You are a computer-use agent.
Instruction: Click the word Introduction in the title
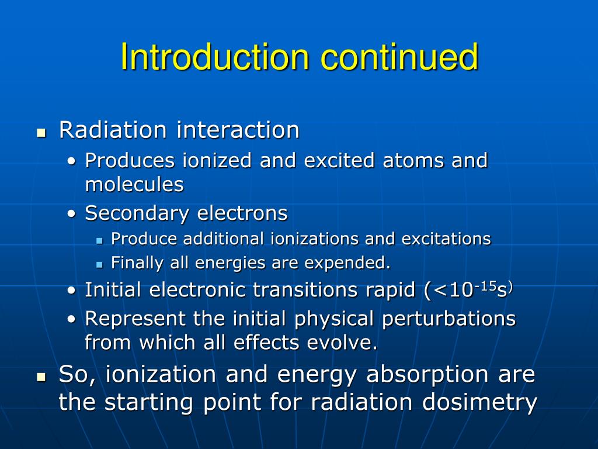point(214,57)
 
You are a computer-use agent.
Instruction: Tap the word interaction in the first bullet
point(238,130)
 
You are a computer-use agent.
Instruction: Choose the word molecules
point(134,185)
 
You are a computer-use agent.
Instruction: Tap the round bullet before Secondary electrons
point(71,215)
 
